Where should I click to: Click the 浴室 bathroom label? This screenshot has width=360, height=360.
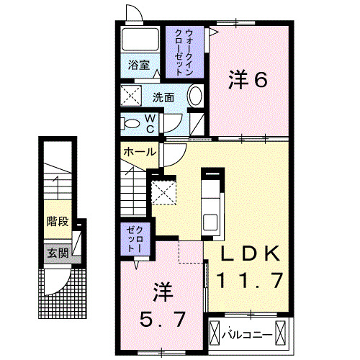(x=140, y=65)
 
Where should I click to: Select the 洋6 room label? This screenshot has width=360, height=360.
(x=248, y=79)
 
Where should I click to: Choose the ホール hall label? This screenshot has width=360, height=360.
(x=139, y=152)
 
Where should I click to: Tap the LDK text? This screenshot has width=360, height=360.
(x=248, y=253)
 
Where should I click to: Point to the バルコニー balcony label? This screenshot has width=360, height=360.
(x=246, y=333)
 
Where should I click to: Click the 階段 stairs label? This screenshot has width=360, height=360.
(x=58, y=221)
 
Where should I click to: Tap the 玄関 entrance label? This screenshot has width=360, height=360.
(x=58, y=253)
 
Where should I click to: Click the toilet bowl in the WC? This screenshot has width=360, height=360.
(x=130, y=123)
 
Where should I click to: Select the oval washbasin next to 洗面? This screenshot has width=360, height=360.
(x=195, y=96)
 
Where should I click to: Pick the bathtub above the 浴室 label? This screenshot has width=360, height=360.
(x=140, y=40)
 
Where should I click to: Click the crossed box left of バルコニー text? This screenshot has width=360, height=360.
(x=215, y=333)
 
